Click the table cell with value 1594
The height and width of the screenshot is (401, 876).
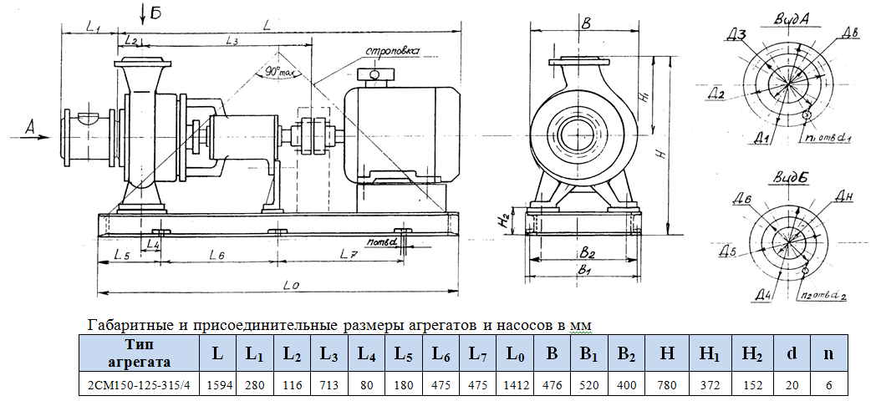click(x=217, y=385)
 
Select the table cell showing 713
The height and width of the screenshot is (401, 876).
click(x=328, y=385)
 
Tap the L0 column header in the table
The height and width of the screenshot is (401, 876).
click(x=516, y=353)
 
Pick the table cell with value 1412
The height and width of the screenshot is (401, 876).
click(x=516, y=385)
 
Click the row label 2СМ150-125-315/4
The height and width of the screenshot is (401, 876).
click(x=138, y=385)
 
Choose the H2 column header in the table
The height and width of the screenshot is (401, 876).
click(x=751, y=353)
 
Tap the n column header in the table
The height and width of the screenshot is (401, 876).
click(x=828, y=353)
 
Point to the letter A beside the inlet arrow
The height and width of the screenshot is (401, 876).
click(x=31, y=127)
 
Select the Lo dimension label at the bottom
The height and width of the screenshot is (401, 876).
click(x=292, y=285)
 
